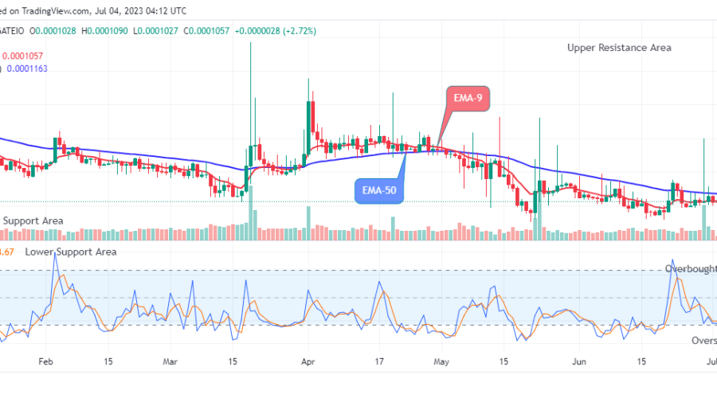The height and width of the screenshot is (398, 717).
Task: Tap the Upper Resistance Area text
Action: (x=619, y=48)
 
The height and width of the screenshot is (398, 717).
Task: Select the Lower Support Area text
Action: (x=70, y=252)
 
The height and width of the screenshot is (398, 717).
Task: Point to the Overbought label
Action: (x=691, y=269)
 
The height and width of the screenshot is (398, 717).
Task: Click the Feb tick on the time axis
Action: (x=45, y=360)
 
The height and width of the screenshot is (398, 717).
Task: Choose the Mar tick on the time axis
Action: (x=169, y=360)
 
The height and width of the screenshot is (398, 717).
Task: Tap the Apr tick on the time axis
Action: (x=307, y=360)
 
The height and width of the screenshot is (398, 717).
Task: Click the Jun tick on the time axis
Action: (x=579, y=360)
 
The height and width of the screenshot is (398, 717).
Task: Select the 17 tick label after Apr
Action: (x=380, y=360)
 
